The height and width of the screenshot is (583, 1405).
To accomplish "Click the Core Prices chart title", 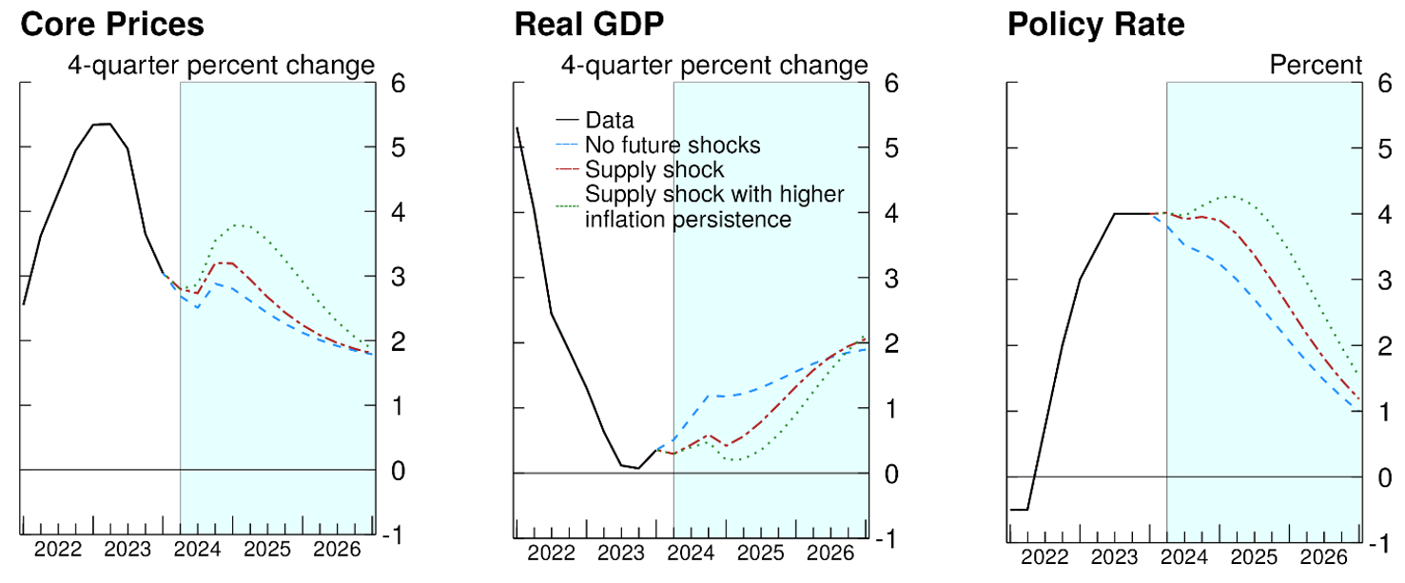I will [112, 24].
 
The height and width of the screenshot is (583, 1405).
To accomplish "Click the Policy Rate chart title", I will [1097, 24].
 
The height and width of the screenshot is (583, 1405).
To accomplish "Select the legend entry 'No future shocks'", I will [673, 146].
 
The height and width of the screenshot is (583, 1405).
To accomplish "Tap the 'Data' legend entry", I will [610, 121].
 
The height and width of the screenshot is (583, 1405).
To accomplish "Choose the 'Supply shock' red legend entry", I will [654, 170].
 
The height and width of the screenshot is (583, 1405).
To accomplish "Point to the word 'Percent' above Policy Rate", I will [1317, 65].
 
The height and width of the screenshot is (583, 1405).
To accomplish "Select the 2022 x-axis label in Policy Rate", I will [1044, 556].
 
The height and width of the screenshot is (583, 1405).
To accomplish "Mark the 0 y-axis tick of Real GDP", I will [890, 474].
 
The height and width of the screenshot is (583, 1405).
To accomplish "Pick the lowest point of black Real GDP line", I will [637, 468].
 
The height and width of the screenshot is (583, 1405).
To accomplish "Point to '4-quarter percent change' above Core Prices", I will [220, 65].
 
